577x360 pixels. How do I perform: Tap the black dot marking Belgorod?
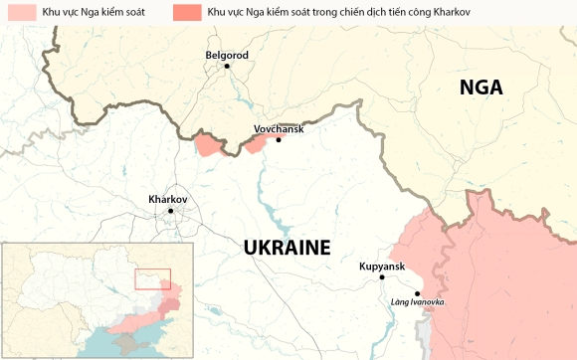pyautogui.click(x=227, y=66)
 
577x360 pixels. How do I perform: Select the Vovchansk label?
pyautogui.click(x=279, y=127)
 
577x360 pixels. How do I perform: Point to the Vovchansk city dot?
pyautogui.click(x=279, y=139)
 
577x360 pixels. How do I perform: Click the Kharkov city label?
pyautogui.click(x=167, y=198)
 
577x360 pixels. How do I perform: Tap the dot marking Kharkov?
pyautogui.click(x=170, y=211)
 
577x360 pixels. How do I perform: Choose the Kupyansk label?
pyautogui.click(x=381, y=267)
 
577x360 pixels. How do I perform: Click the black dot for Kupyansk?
pyautogui.click(x=382, y=278)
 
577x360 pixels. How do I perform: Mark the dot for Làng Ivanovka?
pyautogui.click(x=418, y=293)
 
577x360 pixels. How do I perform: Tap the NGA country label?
pyautogui.click(x=481, y=88)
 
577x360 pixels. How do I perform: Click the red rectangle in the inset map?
pyautogui.click(x=152, y=278)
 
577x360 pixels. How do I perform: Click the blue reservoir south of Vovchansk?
pyautogui.click(x=267, y=189)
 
